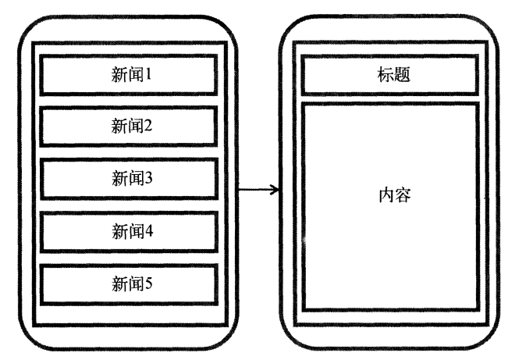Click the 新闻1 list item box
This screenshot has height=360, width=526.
(x=128, y=77)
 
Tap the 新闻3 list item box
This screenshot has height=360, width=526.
(x=128, y=178)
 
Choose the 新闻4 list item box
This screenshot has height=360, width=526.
(x=128, y=231)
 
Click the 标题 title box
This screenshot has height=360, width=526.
(x=389, y=77)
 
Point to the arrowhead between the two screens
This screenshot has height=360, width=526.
(x=274, y=190)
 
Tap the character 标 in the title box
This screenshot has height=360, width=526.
(x=382, y=77)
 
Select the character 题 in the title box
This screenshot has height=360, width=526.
(x=397, y=77)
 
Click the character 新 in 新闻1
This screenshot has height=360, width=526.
(x=119, y=76)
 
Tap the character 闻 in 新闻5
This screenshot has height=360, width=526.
(x=134, y=283)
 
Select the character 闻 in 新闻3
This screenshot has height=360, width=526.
(x=134, y=178)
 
